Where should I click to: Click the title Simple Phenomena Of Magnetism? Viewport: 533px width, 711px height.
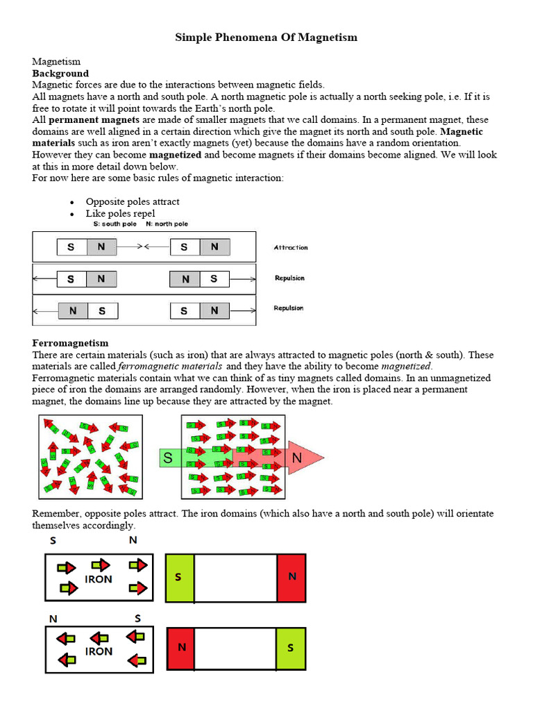266,37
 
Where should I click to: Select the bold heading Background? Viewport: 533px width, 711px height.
60,73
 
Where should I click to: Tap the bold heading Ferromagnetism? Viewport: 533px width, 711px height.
70,343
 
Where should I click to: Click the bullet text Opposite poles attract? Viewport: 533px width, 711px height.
133,201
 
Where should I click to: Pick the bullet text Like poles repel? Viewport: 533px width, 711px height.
120,213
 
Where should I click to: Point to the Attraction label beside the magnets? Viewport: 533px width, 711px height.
291,247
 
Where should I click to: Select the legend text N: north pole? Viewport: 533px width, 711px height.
167,224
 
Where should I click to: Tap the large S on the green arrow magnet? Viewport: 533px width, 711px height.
167,458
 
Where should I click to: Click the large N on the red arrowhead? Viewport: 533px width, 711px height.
297,458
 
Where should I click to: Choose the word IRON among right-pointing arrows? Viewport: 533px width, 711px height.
99,579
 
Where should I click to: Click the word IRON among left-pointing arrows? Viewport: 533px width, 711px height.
99,651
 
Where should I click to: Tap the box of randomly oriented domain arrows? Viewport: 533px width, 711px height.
90,456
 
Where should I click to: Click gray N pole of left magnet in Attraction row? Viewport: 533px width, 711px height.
101,246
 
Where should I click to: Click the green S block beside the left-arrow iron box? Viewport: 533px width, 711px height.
290,649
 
